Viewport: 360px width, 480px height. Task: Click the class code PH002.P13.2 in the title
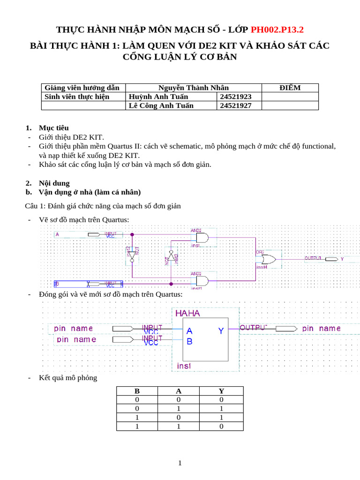(x=277, y=30)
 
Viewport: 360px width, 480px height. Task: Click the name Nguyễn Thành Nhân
(x=194, y=88)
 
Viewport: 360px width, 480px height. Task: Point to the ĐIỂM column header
(x=290, y=88)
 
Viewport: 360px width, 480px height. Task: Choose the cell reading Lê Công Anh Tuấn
(x=161, y=105)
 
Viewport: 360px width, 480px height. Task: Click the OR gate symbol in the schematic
(x=269, y=259)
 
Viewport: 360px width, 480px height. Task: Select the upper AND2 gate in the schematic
(x=202, y=238)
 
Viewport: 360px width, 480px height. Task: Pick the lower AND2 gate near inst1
(x=202, y=281)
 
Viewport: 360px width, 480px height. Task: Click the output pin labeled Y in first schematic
(x=342, y=259)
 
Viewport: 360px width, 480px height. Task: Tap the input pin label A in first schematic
(x=58, y=234)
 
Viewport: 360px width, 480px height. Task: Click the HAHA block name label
(x=187, y=313)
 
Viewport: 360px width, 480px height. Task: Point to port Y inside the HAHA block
(x=221, y=331)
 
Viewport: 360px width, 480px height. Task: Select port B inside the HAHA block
(x=189, y=342)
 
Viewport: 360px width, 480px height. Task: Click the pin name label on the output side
(x=321, y=329)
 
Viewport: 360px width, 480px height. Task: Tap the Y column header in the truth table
(x=221, y=391)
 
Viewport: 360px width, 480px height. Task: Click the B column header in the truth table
(x=137, y=391)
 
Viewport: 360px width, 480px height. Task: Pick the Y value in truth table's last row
(x=221, y=427)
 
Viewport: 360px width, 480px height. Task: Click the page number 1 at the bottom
(x=180, y=463)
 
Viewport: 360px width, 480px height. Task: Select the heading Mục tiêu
(x=53, y=128)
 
